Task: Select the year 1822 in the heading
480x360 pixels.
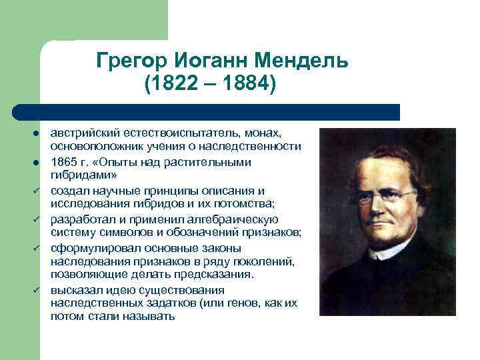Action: point(171,85)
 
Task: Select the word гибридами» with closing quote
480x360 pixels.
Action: point(83,175)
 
